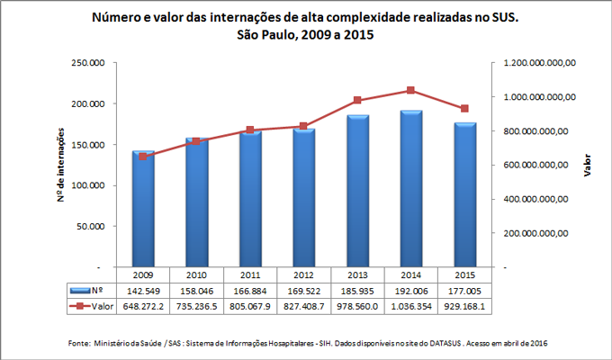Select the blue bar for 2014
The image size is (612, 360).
coord(410,189)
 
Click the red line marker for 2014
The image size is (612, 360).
coord(410,90)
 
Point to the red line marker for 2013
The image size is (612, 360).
coord(357,100)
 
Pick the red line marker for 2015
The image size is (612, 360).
coord(464,109)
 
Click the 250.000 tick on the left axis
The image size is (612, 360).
coord(87,62)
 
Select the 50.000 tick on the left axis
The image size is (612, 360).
coord(90,227)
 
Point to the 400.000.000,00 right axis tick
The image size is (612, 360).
coord(538,199)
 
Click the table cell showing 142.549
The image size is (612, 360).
coord(143,292)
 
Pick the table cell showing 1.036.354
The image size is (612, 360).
coord(410,307)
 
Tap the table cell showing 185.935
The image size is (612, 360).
coord(357,292)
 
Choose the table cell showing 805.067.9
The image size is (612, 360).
coord(250,307)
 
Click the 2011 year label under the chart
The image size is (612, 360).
coord(250,275)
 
